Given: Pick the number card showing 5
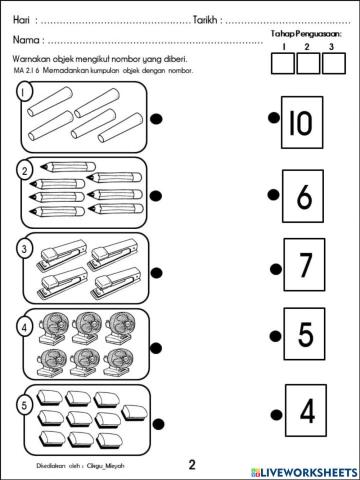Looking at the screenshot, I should (x=304, y=335).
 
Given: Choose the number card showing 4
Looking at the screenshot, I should (x=305, y=411).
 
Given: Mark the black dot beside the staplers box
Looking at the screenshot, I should (x=157, y=270).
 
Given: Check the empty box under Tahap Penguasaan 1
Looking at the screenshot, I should (x=283, y=64).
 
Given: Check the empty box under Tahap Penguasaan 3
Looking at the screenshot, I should (x=334, y=64).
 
